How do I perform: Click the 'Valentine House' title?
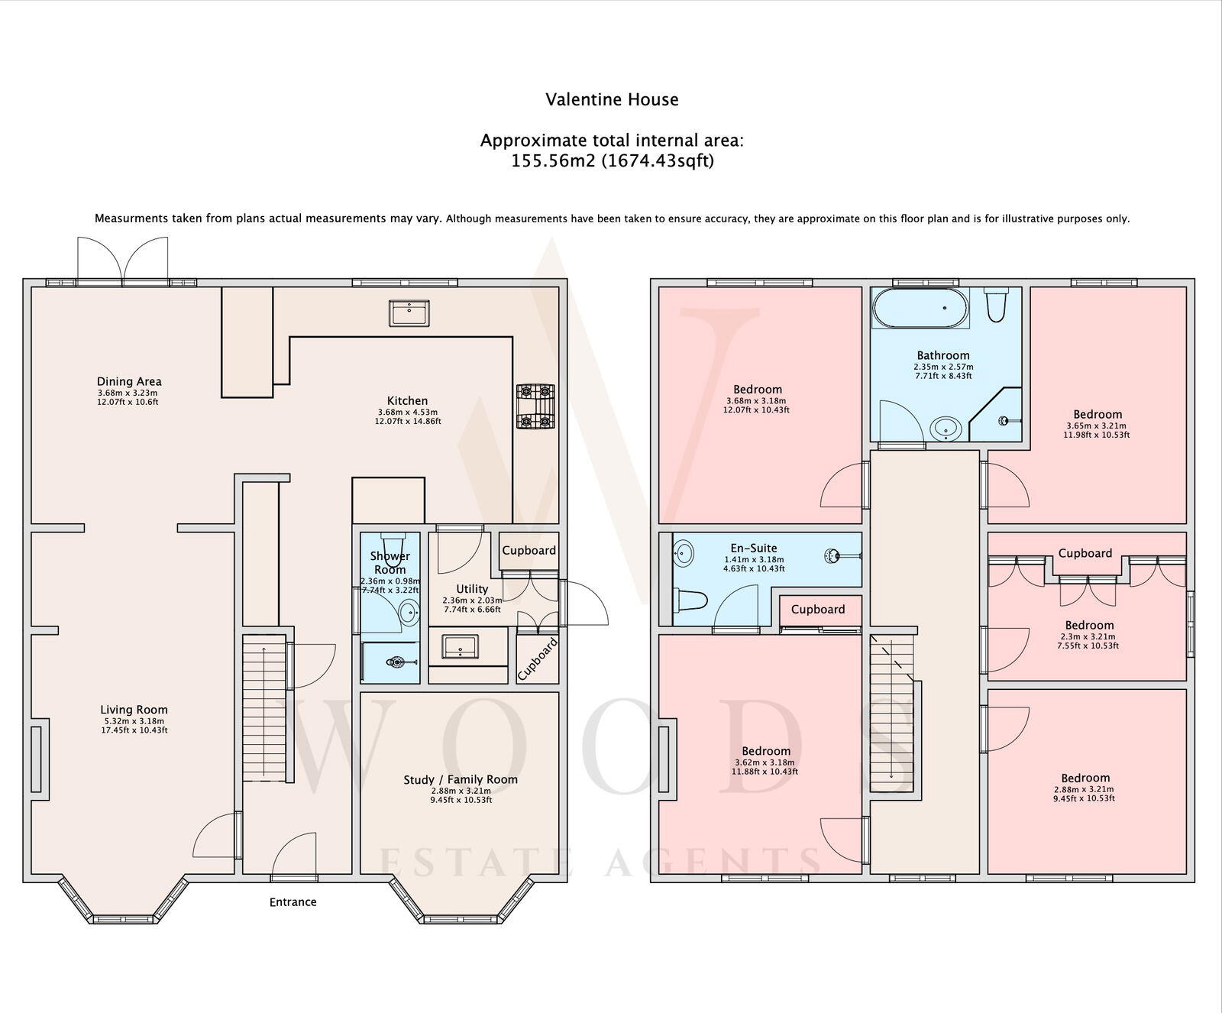612,99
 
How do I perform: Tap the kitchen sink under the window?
409,313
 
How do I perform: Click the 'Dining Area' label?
129,381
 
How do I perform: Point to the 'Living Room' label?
134,710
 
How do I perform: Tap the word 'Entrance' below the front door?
293,902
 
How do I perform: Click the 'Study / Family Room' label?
461,779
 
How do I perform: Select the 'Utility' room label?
472,589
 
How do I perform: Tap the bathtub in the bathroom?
920,308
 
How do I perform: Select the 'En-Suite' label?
754,548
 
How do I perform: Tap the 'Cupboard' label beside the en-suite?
818,609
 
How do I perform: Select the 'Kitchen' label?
408,400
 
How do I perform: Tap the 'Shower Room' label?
390,562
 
